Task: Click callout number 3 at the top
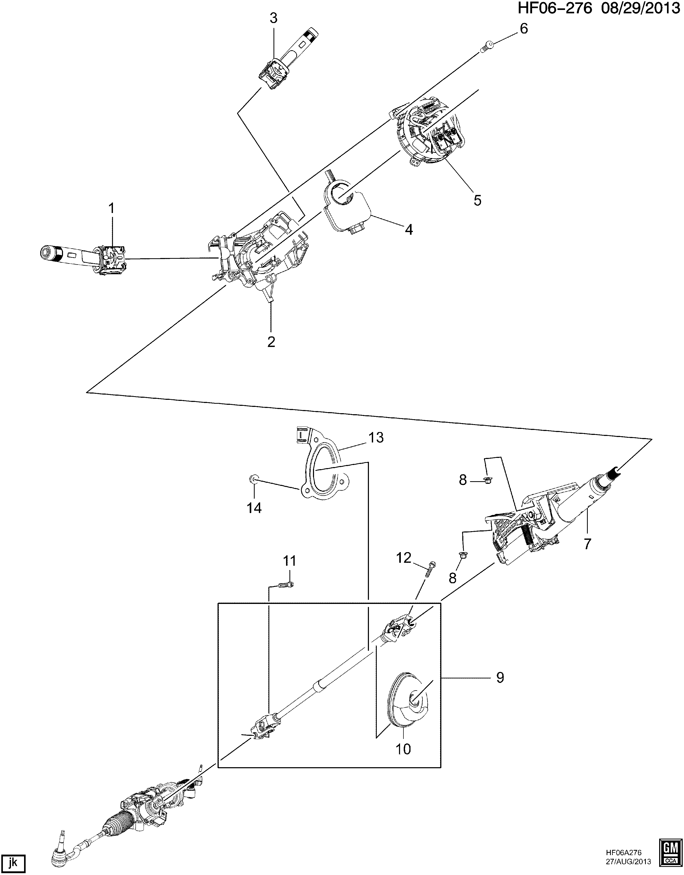coord(273,18)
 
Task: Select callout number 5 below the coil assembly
coord(477,200)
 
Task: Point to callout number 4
coord(408,229)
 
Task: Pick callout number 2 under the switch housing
coord(271,342)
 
